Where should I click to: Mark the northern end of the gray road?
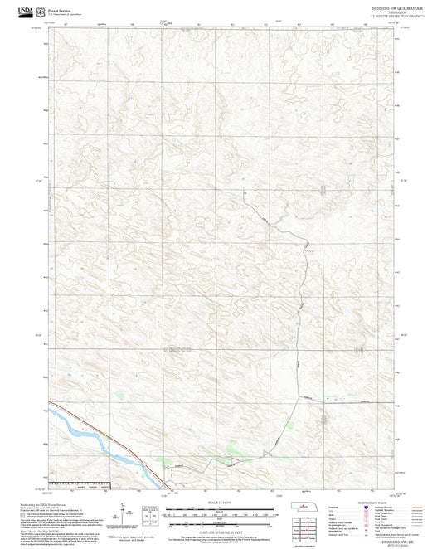244,190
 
